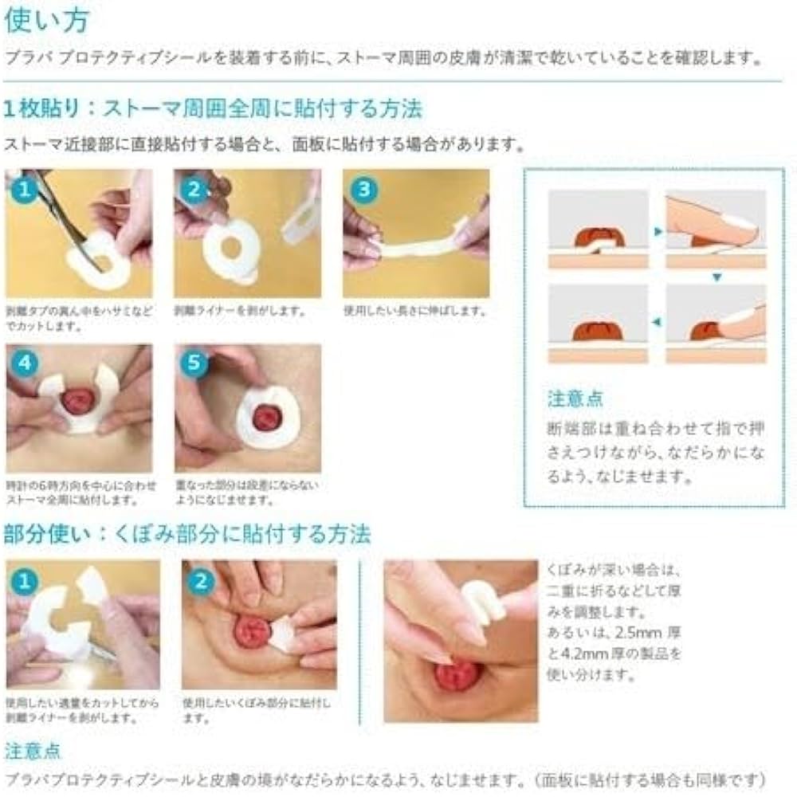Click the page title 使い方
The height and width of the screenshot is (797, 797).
point(47,20)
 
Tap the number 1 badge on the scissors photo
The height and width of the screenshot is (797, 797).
point(25,190)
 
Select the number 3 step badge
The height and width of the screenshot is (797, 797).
point(363,190)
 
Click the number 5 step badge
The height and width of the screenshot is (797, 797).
point(194,364)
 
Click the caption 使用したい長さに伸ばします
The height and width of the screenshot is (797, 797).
point(414,311)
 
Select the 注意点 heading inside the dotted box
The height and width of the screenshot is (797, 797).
point(575,398)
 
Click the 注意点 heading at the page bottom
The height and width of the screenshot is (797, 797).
point(33,751)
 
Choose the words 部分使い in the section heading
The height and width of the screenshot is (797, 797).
point(43,533)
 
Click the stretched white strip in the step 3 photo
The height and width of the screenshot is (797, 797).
point(414,243)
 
